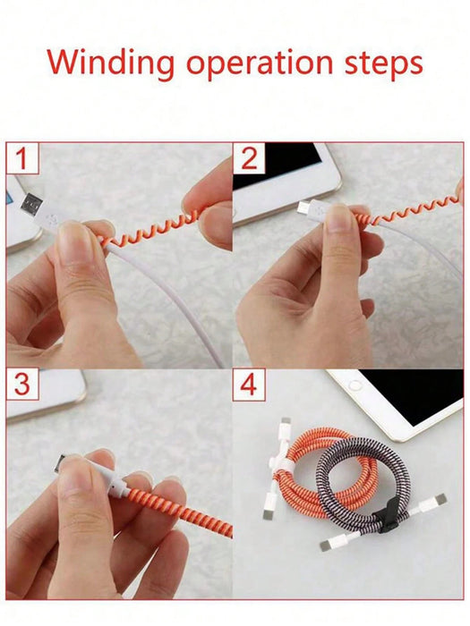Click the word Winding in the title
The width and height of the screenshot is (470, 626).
[x=111, y=63]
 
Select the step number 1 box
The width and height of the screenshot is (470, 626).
[x=22, y=158]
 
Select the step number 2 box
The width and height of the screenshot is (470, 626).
[x=249, y=158]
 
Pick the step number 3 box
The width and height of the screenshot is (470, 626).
[x=22, y=384]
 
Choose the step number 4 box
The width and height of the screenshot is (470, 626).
[x=249, y=385]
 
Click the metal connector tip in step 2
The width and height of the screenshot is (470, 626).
[x=303, y=207]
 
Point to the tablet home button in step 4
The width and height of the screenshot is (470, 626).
[x=355, y=385]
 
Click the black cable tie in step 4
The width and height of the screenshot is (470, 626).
[x=386, y=516]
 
